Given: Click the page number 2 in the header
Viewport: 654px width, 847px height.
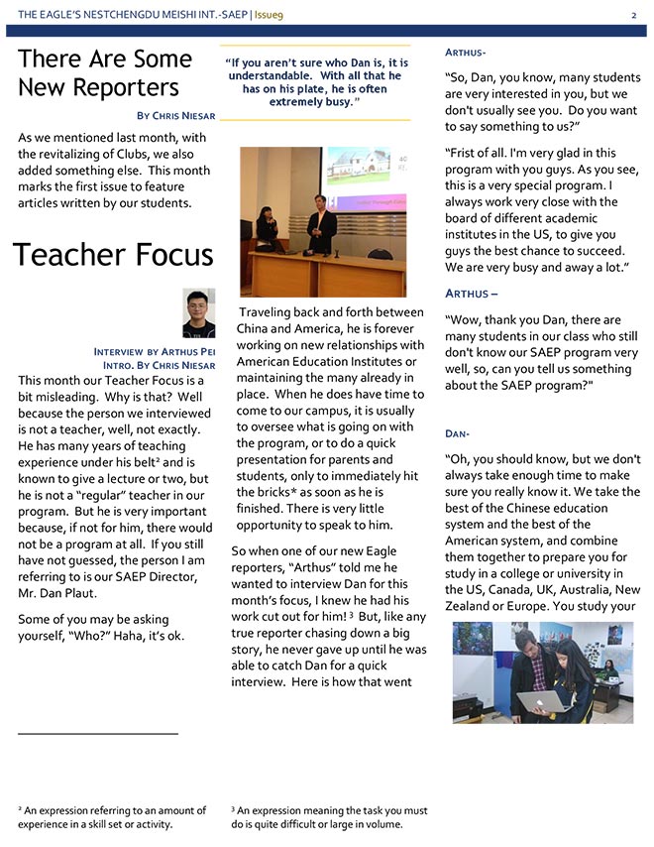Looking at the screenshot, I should coord(633,15).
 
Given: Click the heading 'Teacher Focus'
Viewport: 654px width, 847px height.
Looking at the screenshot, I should coord(113,254).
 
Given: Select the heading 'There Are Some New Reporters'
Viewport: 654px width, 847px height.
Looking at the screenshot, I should coord(105,72).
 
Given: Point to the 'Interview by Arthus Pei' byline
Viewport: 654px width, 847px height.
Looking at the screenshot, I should coord(154,351).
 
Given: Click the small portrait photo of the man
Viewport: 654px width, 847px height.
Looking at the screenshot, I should coord(198,313).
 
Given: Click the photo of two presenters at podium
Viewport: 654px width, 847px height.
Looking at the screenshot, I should coord(322,221).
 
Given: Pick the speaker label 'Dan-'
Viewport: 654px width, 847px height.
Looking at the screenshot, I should coord(457,434).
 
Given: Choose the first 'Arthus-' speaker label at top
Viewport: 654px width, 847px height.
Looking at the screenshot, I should coord(466,52).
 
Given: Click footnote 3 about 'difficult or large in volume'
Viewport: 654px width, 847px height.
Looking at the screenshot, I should coord(329,817).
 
